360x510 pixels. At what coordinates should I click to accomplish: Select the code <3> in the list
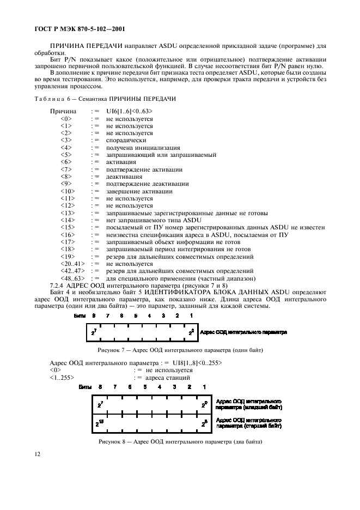(66, 140)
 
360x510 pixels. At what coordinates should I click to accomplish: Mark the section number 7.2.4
(57, 285)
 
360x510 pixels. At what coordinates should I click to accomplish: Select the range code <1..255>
(62, 377)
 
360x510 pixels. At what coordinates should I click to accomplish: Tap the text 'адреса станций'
(168, 377)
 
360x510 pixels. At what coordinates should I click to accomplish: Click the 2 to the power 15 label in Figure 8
(99, 423)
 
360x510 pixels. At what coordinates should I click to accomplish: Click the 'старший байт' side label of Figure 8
(249, 426)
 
